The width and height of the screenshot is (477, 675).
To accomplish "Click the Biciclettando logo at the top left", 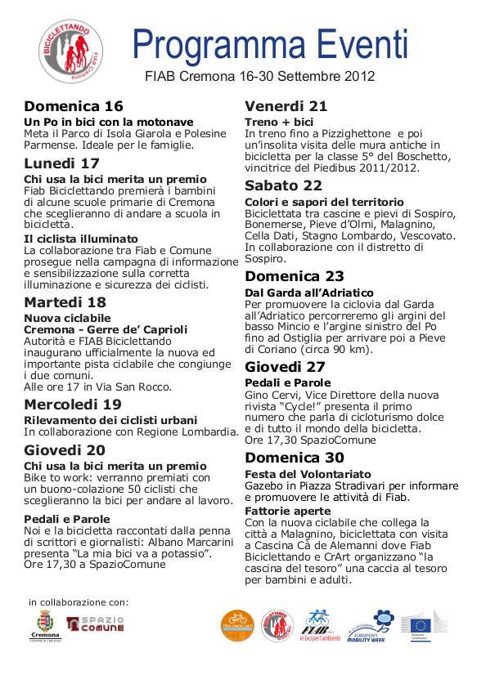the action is coord(73,51).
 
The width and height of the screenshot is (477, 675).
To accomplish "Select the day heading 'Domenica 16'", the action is coord(74,106).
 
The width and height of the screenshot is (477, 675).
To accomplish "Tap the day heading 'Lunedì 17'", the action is coord(61,162).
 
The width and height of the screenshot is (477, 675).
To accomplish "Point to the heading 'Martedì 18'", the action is coord(65,302).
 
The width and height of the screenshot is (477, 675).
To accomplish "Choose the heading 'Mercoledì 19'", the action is coord(73,404).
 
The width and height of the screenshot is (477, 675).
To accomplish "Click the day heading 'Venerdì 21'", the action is coord(286,105).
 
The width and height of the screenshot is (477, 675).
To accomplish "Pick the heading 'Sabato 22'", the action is coord(283,185).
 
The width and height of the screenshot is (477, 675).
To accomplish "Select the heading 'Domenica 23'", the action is coord(295,275).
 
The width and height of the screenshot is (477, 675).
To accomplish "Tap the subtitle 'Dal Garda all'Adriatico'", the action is coord(309,293).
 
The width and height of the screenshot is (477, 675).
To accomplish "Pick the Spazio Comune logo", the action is coord(94,624).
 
